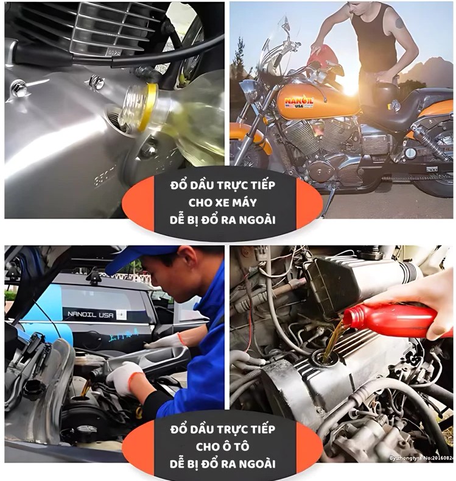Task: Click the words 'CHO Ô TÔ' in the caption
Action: click(x=223, y=446)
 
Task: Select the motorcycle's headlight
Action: click(x=249, y=91)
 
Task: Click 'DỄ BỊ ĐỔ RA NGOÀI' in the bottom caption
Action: click(x=223, y=464)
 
